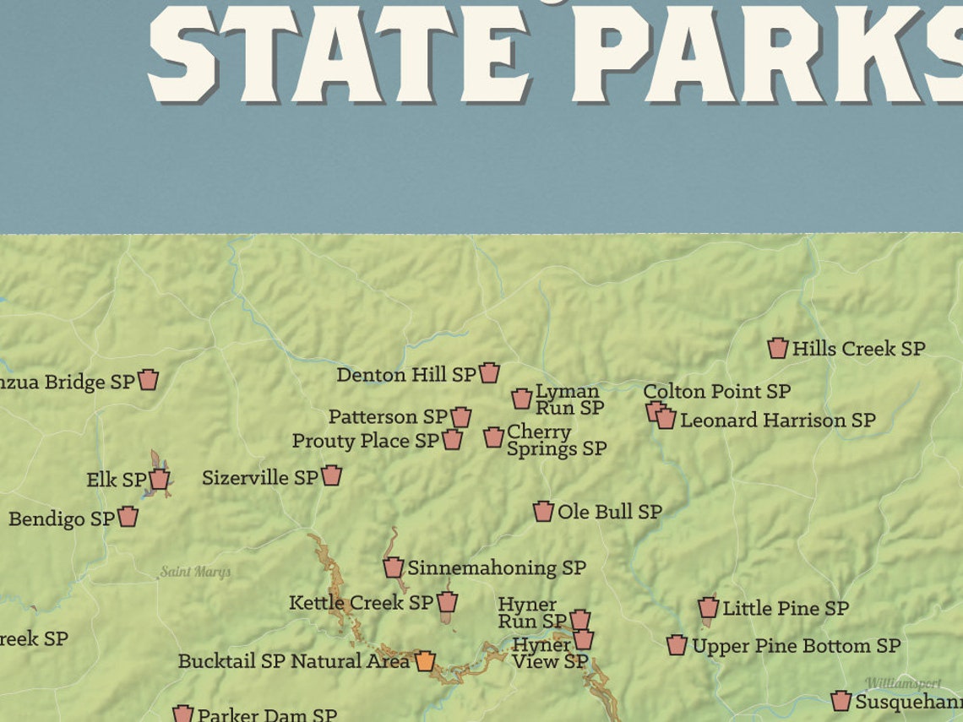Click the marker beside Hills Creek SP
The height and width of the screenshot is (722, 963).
point(777,348)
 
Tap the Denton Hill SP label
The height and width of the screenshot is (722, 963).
point(406,374)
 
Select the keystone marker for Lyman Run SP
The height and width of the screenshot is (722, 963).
point(521,399)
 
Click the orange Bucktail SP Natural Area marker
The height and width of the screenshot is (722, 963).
point(426,661)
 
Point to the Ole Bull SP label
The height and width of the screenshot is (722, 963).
point(609,512)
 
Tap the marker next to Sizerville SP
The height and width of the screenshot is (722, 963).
point(331,475)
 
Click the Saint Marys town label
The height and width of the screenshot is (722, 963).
point(195,573)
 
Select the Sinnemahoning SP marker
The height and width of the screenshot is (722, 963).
point(393,567)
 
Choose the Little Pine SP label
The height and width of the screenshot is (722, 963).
point(785,608)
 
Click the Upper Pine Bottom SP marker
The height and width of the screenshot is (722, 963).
point(676,646)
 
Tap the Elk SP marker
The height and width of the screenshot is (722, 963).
point(159,480)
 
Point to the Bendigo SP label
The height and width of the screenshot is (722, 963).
point(61,518)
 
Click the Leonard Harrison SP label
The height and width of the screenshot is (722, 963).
point(777,420)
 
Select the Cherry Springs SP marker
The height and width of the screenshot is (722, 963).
point(493,437)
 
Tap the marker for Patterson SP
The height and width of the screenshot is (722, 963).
point(460,417)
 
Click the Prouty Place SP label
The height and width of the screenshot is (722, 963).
point(365,441)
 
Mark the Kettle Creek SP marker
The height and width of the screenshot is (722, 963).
point(447,602)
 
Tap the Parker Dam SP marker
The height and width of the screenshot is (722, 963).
point(183,714)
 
